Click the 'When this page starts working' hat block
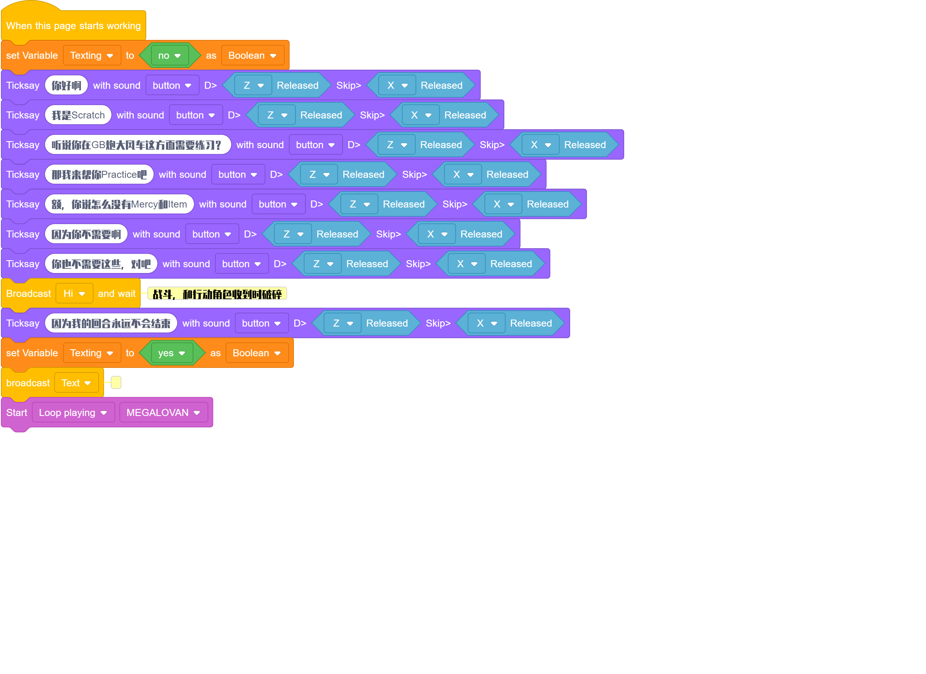[x=74, y=25]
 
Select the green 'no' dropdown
[x=170, y=55]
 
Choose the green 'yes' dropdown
[x=172, y=353]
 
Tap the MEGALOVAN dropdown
[x=163, y=413]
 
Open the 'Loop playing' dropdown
[x=73, y=413]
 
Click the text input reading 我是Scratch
[x=78, y=115]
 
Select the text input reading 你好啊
[x=66, y=85]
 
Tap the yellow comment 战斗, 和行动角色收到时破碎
[x=217, y=294]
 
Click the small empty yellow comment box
[x=116, y=383]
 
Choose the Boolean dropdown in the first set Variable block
[x=253, y=55]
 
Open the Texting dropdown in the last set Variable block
[x=92, y=353]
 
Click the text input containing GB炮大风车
[x=138, y=145]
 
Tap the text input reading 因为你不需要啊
[x=86, y=234]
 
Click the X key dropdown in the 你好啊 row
[x=397, y=85]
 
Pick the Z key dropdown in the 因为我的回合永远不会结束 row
[x=342, y=324]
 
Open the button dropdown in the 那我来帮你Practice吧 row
[x=238, y=174]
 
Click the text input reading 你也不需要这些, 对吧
[x=101, y=264]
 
